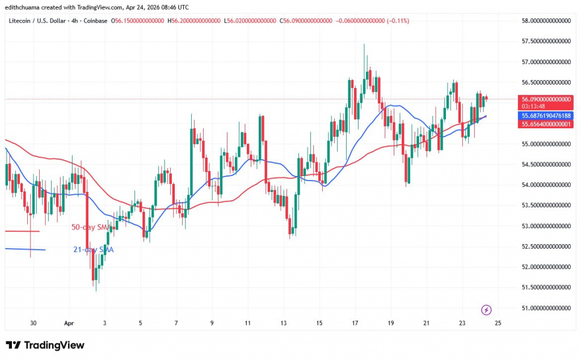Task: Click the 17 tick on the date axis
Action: [x=355, y=323]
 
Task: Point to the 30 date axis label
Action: [x=33, y=323]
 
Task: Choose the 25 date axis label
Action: [x=498, y=323]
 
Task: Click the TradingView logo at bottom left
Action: [x=45, y=345]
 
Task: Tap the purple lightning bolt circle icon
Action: [x=486, y=309]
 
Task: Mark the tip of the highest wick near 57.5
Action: [x=364, y=44]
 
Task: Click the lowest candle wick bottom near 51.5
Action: [x=96, y=291]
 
